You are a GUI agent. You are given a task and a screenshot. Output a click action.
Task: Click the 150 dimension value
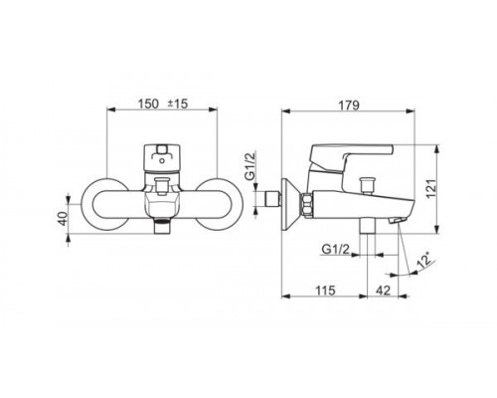click(148, 103)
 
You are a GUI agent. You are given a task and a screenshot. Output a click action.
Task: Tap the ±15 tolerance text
click(177, 103)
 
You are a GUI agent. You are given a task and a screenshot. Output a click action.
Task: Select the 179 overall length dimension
click(349, 105)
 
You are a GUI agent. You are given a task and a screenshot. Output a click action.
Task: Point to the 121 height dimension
click(430, 189)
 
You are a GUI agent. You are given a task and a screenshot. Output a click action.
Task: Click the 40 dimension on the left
click(63, 219)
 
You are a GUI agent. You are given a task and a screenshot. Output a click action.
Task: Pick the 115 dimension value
click(325, 291)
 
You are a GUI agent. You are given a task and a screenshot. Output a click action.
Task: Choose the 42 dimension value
click(384, 291)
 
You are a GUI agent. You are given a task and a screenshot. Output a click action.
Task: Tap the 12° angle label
click(424, 260)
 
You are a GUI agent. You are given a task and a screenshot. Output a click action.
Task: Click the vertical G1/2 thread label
click(251, 165)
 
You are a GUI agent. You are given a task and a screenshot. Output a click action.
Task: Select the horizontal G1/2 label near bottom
click(336, 249)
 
